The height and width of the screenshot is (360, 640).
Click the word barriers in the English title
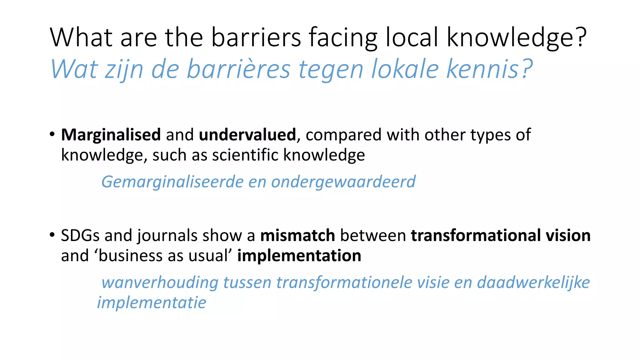pos(256,37)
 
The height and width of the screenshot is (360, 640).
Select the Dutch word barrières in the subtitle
pos(239,69)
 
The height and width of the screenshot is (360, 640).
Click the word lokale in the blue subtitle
pos(405,69)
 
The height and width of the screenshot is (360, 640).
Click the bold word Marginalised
pos(111,135)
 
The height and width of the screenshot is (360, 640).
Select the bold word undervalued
pos(247,135)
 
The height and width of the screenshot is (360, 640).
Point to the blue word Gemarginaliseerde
pos(172,182)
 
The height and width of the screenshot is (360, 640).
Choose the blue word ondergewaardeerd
pos(343,182)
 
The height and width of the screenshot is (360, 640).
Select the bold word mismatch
pos(297,235)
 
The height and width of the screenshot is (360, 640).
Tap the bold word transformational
pos(476,235)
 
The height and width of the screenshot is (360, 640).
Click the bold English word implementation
pos(299,256)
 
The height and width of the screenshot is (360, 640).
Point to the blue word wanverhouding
pos(160,282)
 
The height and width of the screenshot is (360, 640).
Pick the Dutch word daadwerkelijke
pos(533,282)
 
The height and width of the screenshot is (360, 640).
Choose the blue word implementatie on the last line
pos(152,303)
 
